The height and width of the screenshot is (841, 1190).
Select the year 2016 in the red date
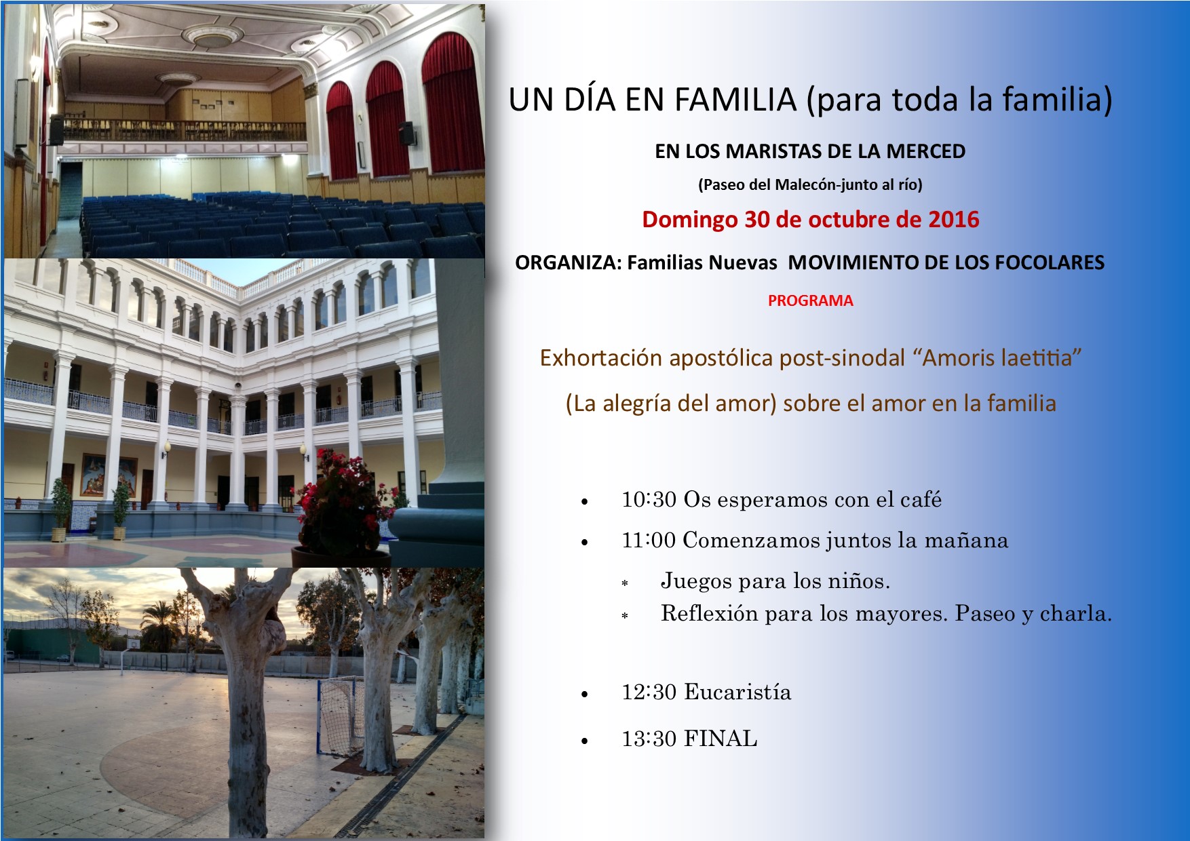(x=953, y=219)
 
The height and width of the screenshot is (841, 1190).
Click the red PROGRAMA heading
(x=810, y=300)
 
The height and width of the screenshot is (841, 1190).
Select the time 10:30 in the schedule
(x=649, y=500)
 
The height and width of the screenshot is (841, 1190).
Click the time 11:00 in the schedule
(x=649, y=541)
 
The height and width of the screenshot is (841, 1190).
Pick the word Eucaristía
(x=737, y=692)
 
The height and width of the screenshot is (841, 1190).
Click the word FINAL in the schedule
(x=721, y=739)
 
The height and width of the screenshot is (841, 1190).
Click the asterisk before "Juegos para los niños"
(x=625, y=583)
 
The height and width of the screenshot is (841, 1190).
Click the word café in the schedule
(x=921, y=500)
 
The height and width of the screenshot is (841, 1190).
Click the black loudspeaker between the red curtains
(x=407, y=133)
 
